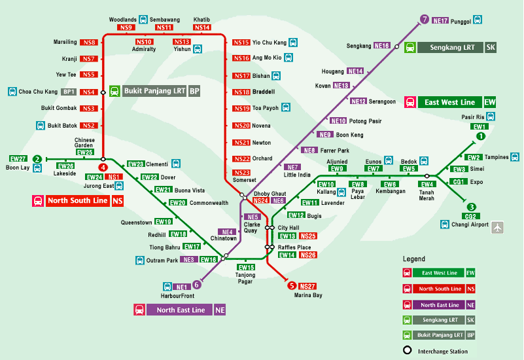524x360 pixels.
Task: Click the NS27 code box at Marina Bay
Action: tap(307, 287)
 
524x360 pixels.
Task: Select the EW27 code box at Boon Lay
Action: tap(18, 159)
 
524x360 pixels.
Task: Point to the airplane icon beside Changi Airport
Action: tap(498, 228)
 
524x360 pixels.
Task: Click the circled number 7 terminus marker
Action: tap(425, 20)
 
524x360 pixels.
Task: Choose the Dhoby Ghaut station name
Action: tap(270, 194)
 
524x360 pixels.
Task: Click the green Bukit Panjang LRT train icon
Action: tap(115, 91)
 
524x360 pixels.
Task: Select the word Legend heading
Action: tap(413, 259)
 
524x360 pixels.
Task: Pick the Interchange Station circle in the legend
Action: tap(407, 350)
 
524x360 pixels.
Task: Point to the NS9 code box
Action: tap(126, 28)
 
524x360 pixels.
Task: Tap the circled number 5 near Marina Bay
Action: tap(292, 285)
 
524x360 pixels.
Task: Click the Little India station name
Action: tap(297, 175)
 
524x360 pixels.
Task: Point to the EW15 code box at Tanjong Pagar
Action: tap(246, 268)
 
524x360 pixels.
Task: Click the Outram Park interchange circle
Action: tap(224, 256)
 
